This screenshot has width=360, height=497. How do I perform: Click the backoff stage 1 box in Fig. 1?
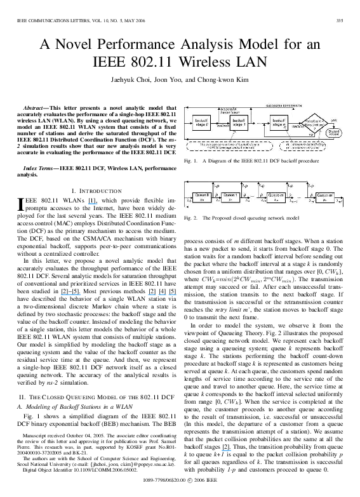tap(239, 123)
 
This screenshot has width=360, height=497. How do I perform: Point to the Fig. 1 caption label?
tap(190, 161)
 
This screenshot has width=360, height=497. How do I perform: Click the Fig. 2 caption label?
tap(190, 218)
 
